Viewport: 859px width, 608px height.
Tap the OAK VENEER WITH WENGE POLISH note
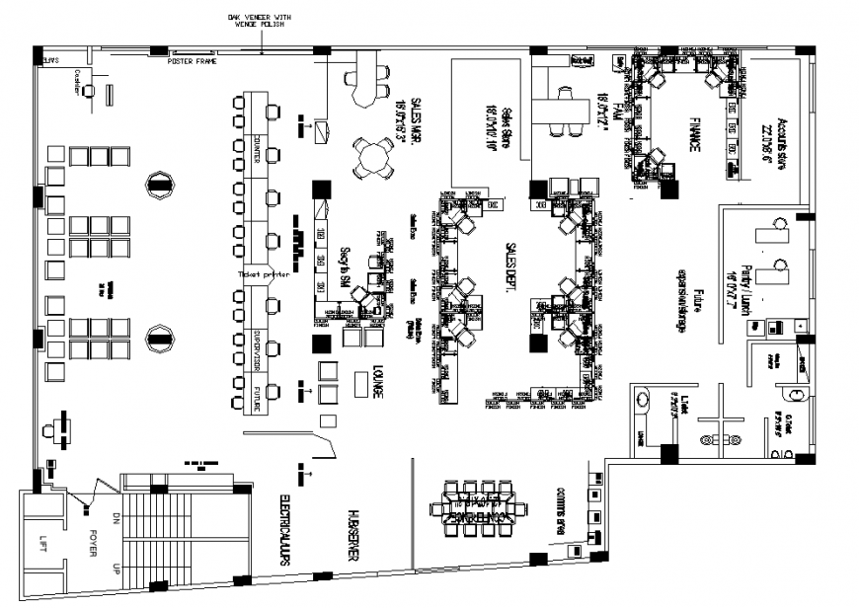pyautogui.click(x=261, y=21)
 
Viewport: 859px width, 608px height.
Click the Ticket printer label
pyautogui.click(x=263, y=276)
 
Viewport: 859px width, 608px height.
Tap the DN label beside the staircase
pyautogui.click(x=116, y=517)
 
